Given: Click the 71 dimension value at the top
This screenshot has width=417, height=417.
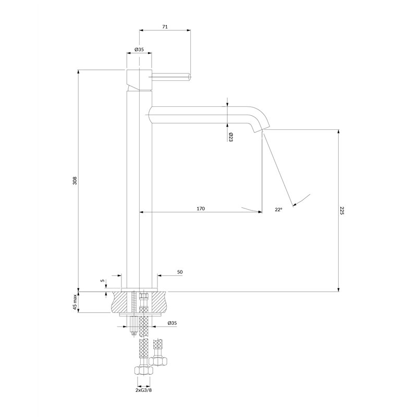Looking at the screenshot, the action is click(x=165, y=27).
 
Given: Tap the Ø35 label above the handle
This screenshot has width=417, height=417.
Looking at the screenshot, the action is click(x=139, y=49).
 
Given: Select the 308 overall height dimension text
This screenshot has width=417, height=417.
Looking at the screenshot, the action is click(x=75, y=180).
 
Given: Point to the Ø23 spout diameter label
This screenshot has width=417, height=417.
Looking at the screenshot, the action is click(x=230, y=137).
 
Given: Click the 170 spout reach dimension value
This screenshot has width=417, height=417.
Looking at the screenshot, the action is click(x=201, y=208).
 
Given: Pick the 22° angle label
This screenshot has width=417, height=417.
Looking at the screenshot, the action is click(x=278, y=210).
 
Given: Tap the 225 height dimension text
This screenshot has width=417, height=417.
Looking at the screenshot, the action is click(x=342, y=211).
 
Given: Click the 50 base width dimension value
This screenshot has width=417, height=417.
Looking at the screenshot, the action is click(x=180, y=272).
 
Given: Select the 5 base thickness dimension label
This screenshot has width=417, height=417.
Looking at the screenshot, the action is click(x=102, y=281).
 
